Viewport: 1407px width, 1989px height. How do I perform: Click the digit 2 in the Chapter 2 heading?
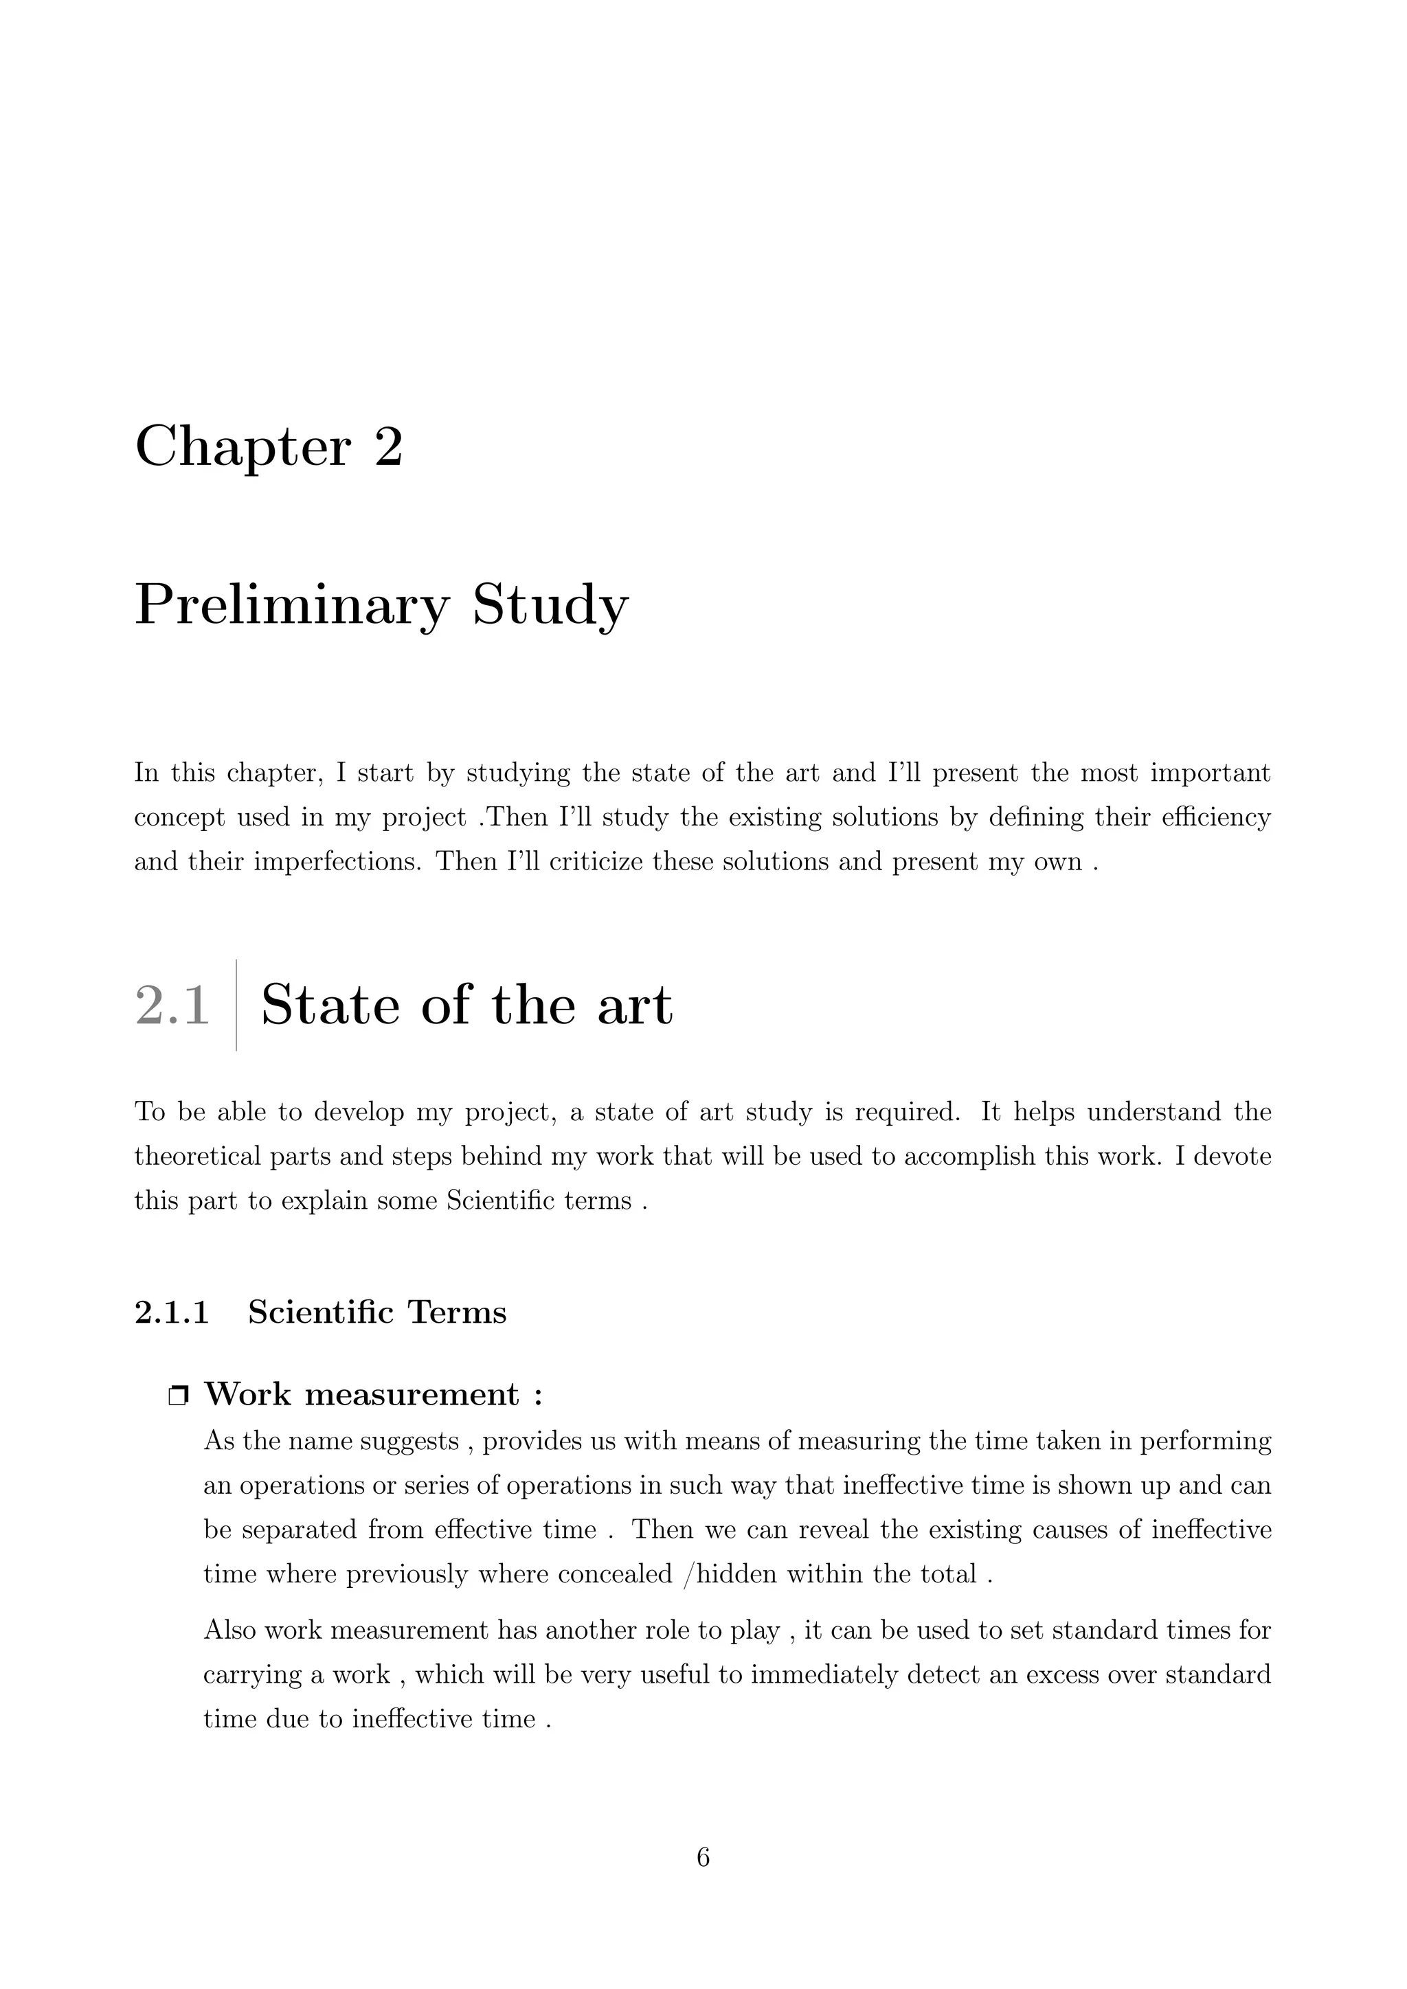[388, 447]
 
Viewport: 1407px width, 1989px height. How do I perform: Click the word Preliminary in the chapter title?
[292, 606]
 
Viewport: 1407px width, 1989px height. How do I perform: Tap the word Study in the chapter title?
[550, 606]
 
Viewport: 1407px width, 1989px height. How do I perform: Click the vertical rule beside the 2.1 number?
[236, 1004]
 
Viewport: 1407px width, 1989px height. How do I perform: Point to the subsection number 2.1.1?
[172, 1312]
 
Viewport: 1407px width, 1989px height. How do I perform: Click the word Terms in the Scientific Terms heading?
[458, 1312]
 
